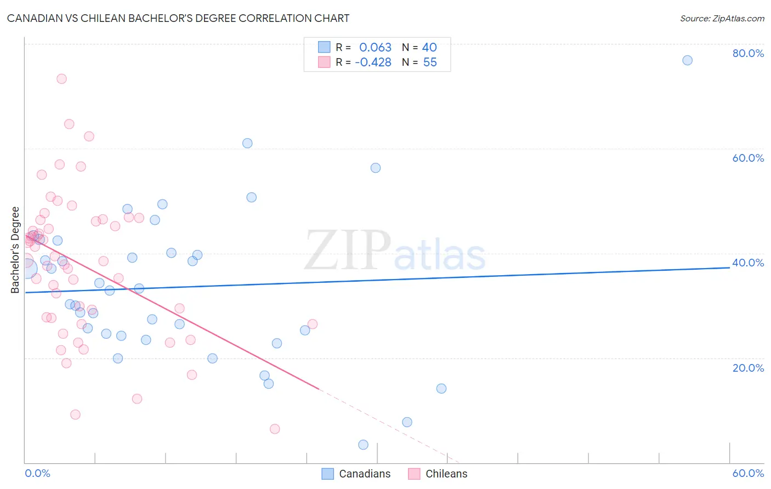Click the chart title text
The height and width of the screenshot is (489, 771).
click(x=178, y=18)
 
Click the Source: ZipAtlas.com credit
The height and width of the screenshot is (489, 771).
click(x=722, y=18)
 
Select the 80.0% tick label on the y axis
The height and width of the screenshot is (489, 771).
click(x=748, y=53)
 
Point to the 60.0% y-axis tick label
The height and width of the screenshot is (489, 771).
click(x=748, y=158)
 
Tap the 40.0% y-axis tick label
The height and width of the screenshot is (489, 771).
click(x=748, y=263)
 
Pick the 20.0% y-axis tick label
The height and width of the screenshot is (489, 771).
click(x=748, y=367)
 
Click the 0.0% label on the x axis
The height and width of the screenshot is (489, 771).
click(x=37, y=473)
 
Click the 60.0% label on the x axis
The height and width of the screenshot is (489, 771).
click(x=748, y=473)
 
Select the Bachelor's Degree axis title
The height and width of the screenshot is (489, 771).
click(x=15, y=250)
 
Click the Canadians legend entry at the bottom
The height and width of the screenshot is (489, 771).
click(x=356, y=474)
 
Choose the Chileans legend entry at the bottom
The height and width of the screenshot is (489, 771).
click(x=438, y=474)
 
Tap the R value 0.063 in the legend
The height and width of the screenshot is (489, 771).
click(x=375, y=47)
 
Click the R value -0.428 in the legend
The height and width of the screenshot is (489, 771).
click(x=373, y=62)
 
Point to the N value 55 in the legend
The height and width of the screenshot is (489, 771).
click(x=430, y=62)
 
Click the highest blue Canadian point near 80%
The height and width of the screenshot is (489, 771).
click(x=687, y=60)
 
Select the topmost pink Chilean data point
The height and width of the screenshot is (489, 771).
click(x=61, y=79)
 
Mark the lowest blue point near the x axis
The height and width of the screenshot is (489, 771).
click(x=363, y=445)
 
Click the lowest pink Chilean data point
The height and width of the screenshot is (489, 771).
click(x=275, y=429)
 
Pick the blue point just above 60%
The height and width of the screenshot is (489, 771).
click(x=247, y=143)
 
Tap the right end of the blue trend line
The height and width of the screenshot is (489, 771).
click(x=729, y=268)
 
